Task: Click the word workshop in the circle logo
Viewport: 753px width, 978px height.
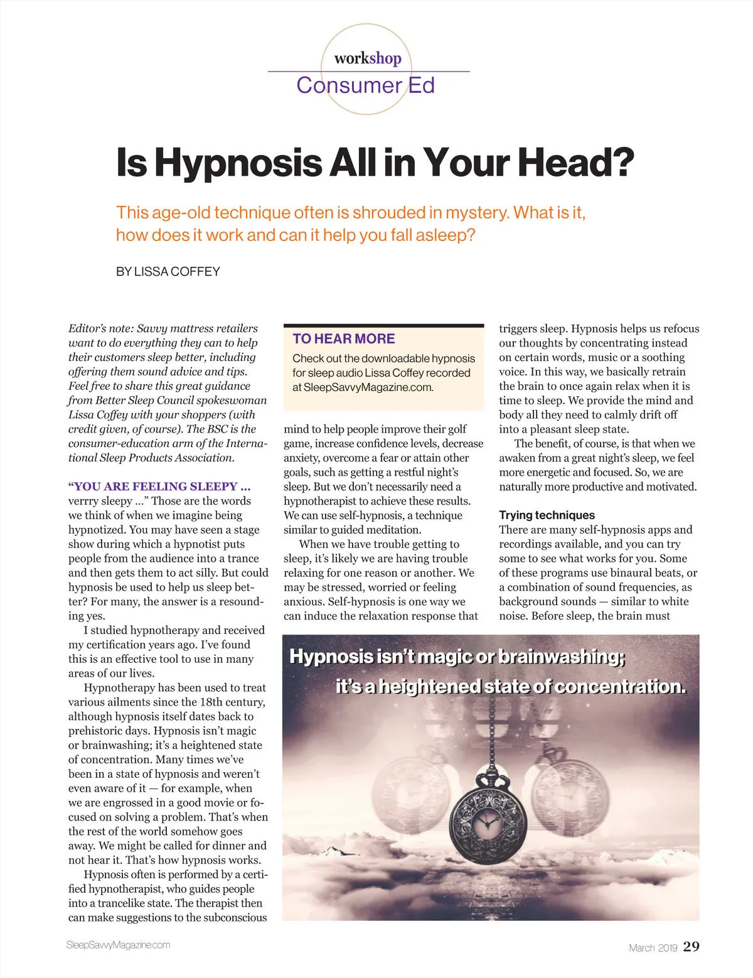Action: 368,58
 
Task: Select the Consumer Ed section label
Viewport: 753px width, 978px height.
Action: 365,85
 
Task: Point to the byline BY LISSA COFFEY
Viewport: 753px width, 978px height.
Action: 168,272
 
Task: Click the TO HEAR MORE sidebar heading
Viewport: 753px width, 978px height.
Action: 343,339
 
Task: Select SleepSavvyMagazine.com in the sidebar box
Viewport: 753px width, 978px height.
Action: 362,387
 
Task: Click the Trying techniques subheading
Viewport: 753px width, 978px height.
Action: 547,515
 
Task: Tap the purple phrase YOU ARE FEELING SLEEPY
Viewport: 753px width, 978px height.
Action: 159,486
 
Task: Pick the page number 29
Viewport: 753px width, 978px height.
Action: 691,947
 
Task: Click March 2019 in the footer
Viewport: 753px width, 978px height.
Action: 653,948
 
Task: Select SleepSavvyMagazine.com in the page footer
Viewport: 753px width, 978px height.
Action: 118,945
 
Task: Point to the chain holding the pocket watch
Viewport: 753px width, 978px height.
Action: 489,734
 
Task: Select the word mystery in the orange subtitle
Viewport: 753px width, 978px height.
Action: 475,213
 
